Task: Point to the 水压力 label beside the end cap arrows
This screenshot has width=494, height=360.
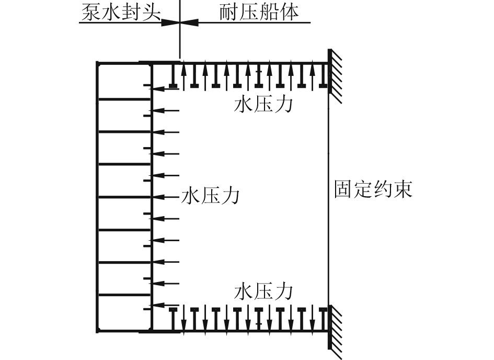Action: (x=210, y=196)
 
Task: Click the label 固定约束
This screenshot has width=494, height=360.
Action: (x=373, y=189)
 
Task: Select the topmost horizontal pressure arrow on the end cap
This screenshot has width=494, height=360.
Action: (x=164, y=89)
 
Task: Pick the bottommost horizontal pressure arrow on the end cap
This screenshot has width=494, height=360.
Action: (x=164, y=305)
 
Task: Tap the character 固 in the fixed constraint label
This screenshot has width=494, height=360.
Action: (x=343, y=189)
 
